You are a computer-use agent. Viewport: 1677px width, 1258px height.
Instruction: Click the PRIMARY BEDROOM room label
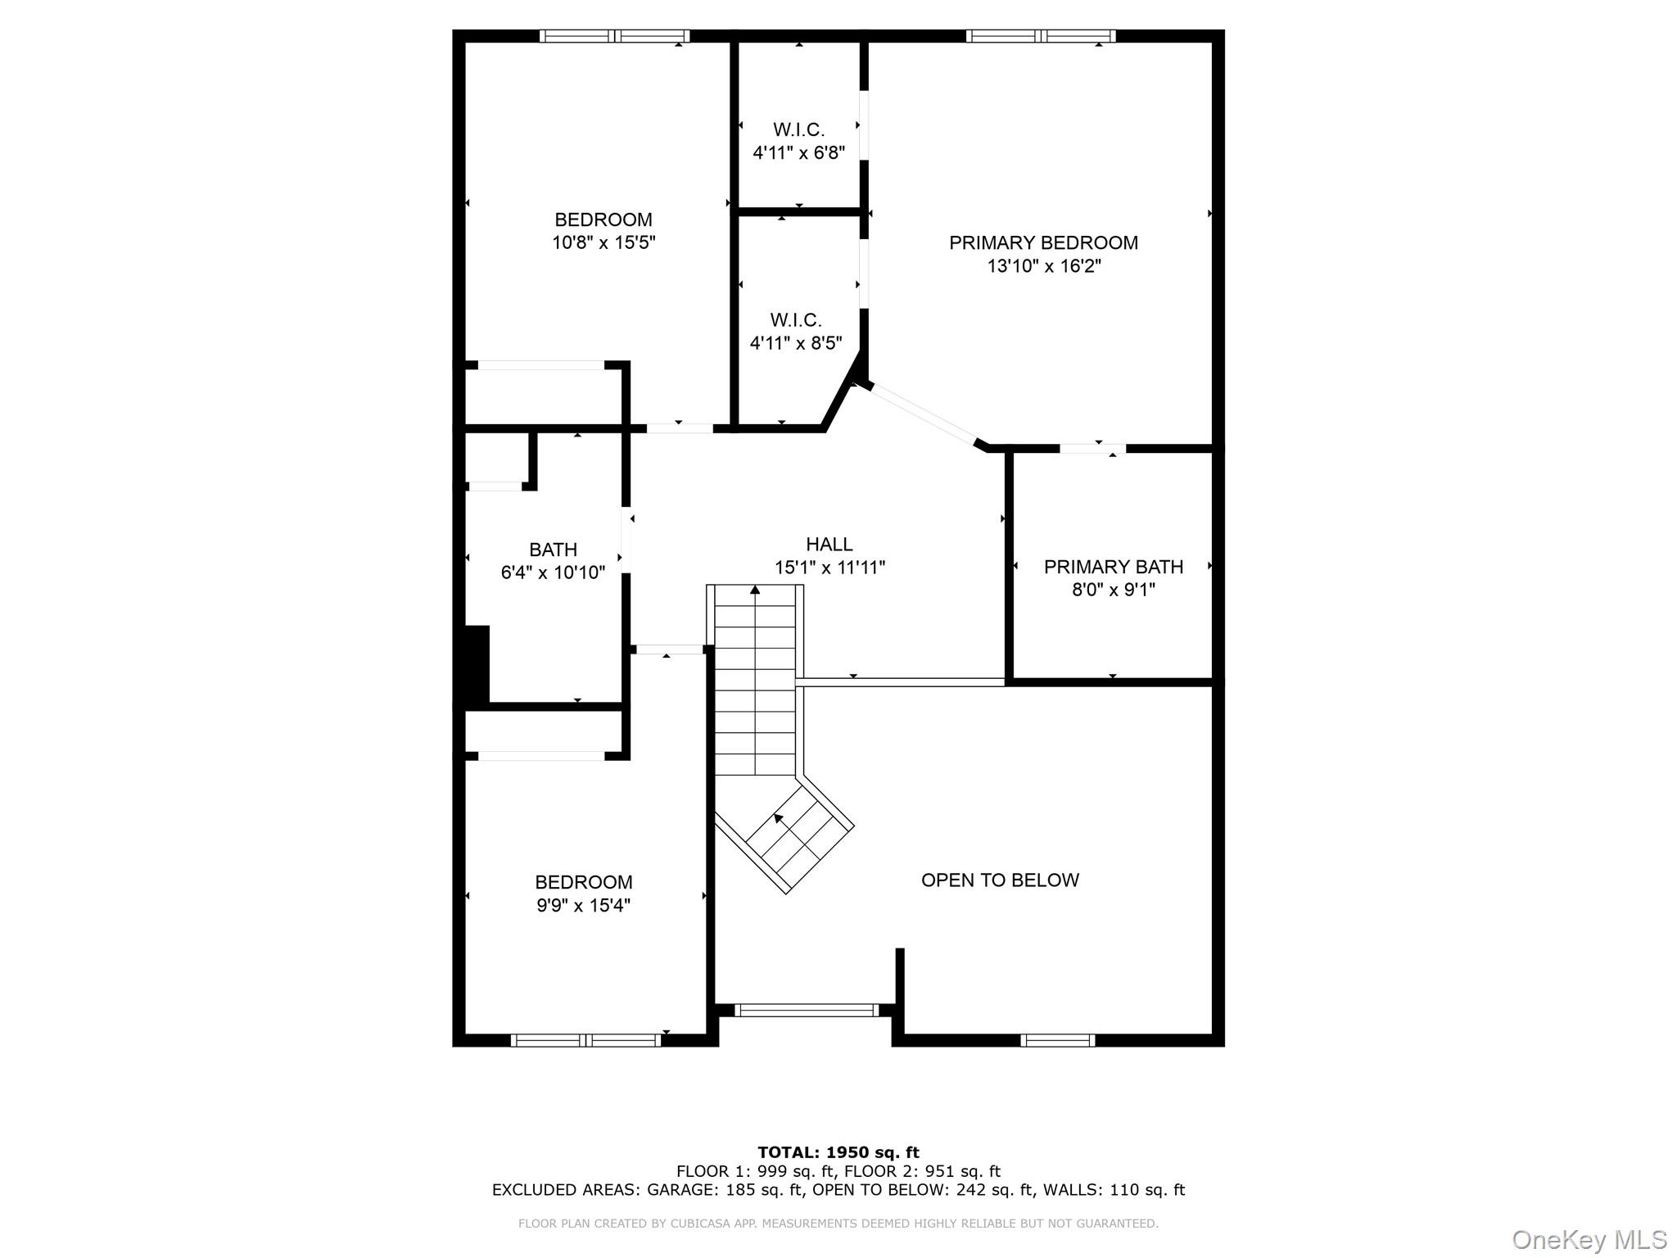(x=1043, y=242)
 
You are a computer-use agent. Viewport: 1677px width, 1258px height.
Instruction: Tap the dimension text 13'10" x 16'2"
(x=1044, y=266)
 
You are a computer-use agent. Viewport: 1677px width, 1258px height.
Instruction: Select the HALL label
(x=829, y=544)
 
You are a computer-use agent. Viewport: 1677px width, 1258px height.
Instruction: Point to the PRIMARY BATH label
(x=1113, y=567)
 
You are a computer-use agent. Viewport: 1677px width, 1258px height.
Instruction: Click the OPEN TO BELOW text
(x=1000, y=880)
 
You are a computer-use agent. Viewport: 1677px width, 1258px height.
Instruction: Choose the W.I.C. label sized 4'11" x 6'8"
(x=798, y=129)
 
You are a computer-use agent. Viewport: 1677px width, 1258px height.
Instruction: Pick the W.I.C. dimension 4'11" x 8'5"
(x=796, y=342)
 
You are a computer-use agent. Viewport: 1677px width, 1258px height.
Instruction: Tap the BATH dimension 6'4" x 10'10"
(x=553, y=572)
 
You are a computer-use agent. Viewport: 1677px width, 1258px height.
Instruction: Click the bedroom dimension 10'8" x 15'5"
(x=603, y=242)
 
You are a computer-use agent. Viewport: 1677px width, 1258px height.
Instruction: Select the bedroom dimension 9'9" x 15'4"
(x=583, y=905)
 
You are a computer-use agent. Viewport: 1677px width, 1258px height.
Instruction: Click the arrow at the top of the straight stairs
(x=755, y=590)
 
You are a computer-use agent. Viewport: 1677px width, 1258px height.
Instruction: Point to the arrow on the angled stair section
(x=779, y=817)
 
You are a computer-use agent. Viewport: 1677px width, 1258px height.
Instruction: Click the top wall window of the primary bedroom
(x=1040, y=36)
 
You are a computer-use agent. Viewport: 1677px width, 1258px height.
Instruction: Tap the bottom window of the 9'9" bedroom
(x=585, y=1040)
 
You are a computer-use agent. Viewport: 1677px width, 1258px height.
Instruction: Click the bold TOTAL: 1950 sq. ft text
(x=838, y=1152)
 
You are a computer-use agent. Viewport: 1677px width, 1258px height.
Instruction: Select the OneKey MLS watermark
(x=1589, y=1239)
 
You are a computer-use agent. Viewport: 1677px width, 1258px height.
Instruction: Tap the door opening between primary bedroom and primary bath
(x=1092, y=448)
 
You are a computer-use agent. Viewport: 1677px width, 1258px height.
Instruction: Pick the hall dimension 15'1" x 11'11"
(x=829, y=567)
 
